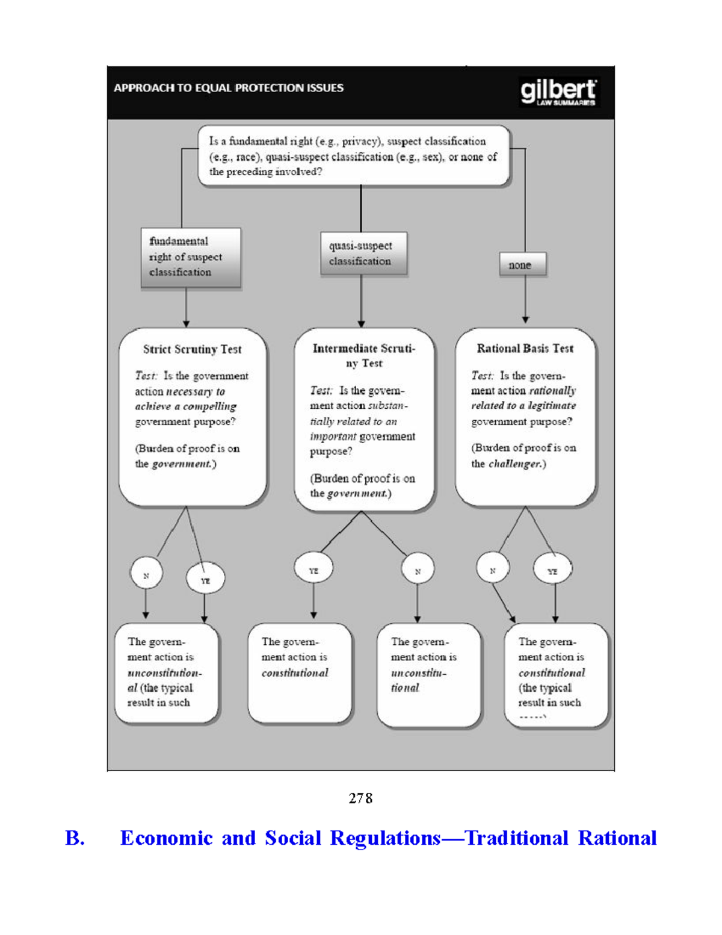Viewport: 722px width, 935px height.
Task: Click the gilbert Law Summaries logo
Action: coord(558,92)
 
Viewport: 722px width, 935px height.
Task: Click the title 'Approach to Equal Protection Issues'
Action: coord(229,88)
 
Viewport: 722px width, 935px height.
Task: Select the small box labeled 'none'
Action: coord(522,265)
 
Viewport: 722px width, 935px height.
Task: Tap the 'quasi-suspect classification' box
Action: coord(363,253)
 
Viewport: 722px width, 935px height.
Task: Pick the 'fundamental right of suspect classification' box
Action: coord(190,257)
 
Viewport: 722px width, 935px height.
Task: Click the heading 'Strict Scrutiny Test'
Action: coord(192,349)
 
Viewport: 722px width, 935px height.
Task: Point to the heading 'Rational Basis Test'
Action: coord(525,349)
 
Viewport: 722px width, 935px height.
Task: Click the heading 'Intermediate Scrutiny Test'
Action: coord(363,355)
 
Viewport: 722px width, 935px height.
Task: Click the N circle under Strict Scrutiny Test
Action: coord(146,576)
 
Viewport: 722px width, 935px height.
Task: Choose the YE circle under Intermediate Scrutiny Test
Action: coord(313,570)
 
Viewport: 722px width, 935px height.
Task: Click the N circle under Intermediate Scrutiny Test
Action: coord(418,571)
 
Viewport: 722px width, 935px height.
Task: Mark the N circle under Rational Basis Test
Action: coord(493,570)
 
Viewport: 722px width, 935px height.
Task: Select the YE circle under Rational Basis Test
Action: coord(552,571)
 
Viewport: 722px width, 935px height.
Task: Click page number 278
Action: coord(360,798)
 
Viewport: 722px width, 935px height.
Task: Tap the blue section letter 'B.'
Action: coord(75,838)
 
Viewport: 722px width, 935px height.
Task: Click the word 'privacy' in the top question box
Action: coord(360,141)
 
